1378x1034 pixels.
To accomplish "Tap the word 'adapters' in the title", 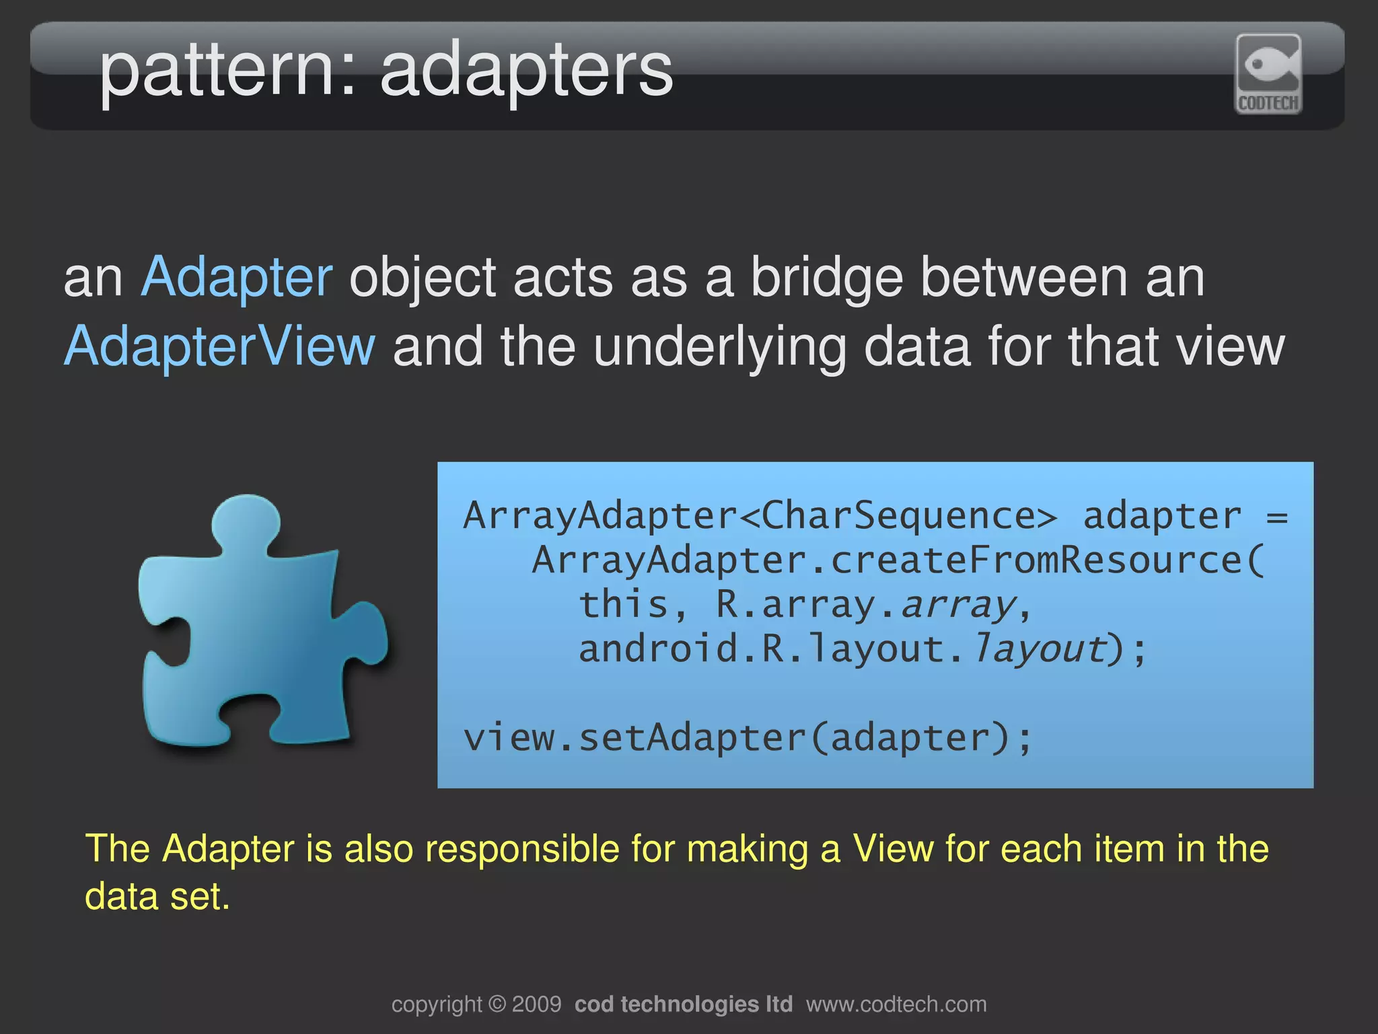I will point(526,71).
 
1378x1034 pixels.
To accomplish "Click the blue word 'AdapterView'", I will point(219,346).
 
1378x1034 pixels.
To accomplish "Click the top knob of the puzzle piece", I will point(246,521).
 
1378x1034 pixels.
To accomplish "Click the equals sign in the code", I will point(1276,517).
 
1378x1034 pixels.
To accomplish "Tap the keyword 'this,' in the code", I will point(633,604).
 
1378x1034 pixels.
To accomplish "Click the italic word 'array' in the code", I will point(956,604).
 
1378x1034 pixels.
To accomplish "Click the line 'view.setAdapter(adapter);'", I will point(747,738).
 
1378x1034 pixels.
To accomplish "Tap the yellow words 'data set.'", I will point(157,897).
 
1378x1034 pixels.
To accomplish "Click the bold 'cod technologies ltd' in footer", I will point(683,1004).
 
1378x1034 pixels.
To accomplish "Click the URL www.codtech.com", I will point(896,1004).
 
